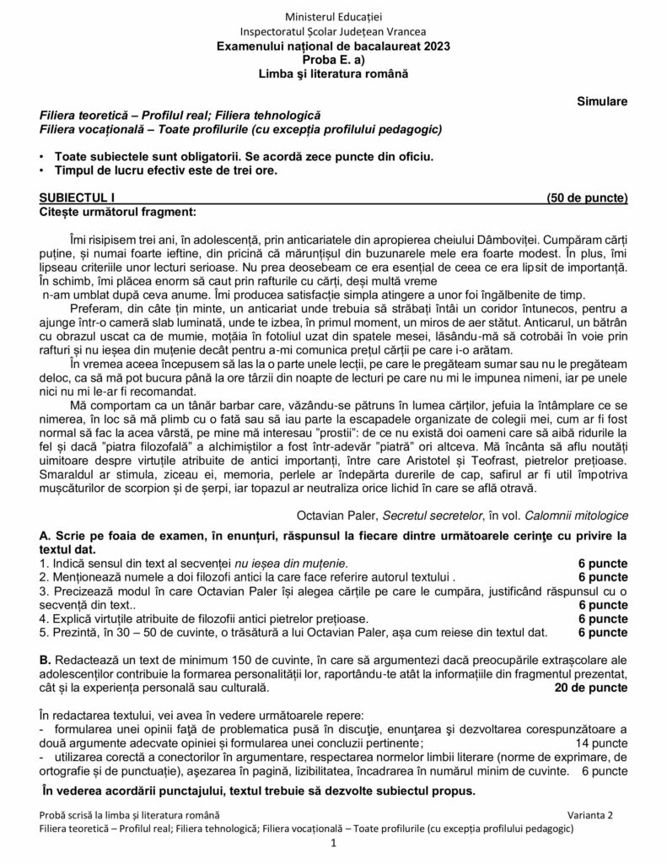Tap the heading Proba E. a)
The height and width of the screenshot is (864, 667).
click(x=333, y=60)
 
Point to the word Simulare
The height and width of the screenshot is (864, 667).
click(x=602, y=101)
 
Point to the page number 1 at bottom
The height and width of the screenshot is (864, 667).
click(x=334, y=845)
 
